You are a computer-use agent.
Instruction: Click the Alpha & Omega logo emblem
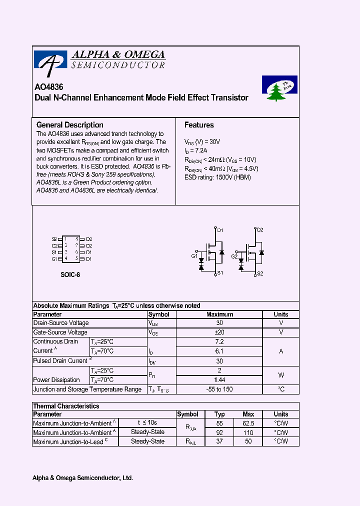pos(50,60)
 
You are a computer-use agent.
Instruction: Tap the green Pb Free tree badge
pos(279,88)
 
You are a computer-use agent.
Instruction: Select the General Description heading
pos(70,125)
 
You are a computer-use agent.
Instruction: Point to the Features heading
pos(199,125)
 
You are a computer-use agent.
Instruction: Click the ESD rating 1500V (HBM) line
pos(217,177)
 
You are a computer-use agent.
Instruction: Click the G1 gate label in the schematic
pos(194,256)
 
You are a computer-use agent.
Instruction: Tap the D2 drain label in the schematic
pos(260,230)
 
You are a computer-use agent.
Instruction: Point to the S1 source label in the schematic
pos(220,273)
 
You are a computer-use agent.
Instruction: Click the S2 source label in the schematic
pos(260,273)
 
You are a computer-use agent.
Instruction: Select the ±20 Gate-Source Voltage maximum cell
pos(219,332)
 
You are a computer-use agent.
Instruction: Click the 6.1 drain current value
pos(219,351)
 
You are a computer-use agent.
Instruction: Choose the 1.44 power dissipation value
pos(219,380)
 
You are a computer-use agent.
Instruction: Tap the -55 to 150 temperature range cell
pos(219,389)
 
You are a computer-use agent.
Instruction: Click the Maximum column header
pos(219,314)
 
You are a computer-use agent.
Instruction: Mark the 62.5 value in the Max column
pos(248,423)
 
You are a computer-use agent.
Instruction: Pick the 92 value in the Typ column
pos(219,432)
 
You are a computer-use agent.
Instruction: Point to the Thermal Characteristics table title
pos(66,406)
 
